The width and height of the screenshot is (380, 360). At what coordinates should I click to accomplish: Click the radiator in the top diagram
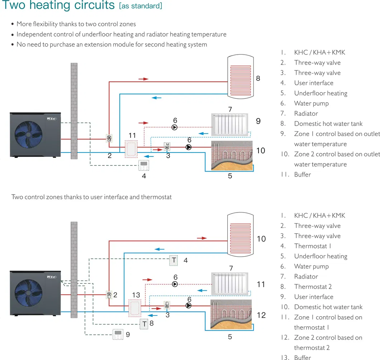click(x=229, y=125)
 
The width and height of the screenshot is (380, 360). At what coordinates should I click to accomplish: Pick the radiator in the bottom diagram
click(x=229, y=284)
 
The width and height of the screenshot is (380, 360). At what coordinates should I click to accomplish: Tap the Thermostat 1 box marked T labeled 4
click(x=174, y=260)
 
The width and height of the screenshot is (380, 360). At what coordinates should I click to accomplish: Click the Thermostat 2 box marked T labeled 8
click(x=144, y=324)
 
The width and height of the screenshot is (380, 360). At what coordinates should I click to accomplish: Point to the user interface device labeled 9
click(x=118, y=334)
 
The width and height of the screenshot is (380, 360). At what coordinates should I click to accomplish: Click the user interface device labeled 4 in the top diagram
click(x=144, y=165)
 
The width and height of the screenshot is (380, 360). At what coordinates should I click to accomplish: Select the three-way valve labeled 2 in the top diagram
click(x=109, y=139)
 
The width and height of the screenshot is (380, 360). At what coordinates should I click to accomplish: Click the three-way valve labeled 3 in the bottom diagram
click(x=167, y=305)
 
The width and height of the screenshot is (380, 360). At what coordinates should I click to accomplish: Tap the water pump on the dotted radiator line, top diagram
click(x=175, y=127)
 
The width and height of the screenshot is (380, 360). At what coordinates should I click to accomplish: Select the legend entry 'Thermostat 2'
click(x=313, y=287)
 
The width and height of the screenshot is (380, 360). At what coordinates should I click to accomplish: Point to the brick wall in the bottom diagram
click(x=74, y=269)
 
